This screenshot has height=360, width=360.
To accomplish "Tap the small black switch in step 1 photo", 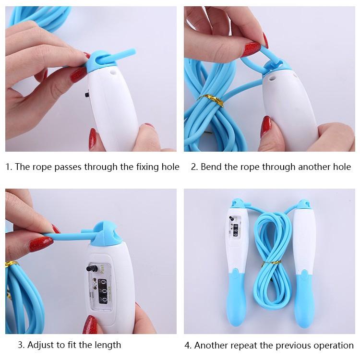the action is (87, 95).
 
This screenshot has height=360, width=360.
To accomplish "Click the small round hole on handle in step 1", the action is (113, 72).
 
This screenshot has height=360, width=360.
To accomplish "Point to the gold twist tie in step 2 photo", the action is (210, 100).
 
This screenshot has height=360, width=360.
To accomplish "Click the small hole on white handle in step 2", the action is (272, 78).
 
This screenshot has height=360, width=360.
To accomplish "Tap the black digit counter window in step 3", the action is (102, 291).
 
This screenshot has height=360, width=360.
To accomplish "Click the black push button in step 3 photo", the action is (92, 268).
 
